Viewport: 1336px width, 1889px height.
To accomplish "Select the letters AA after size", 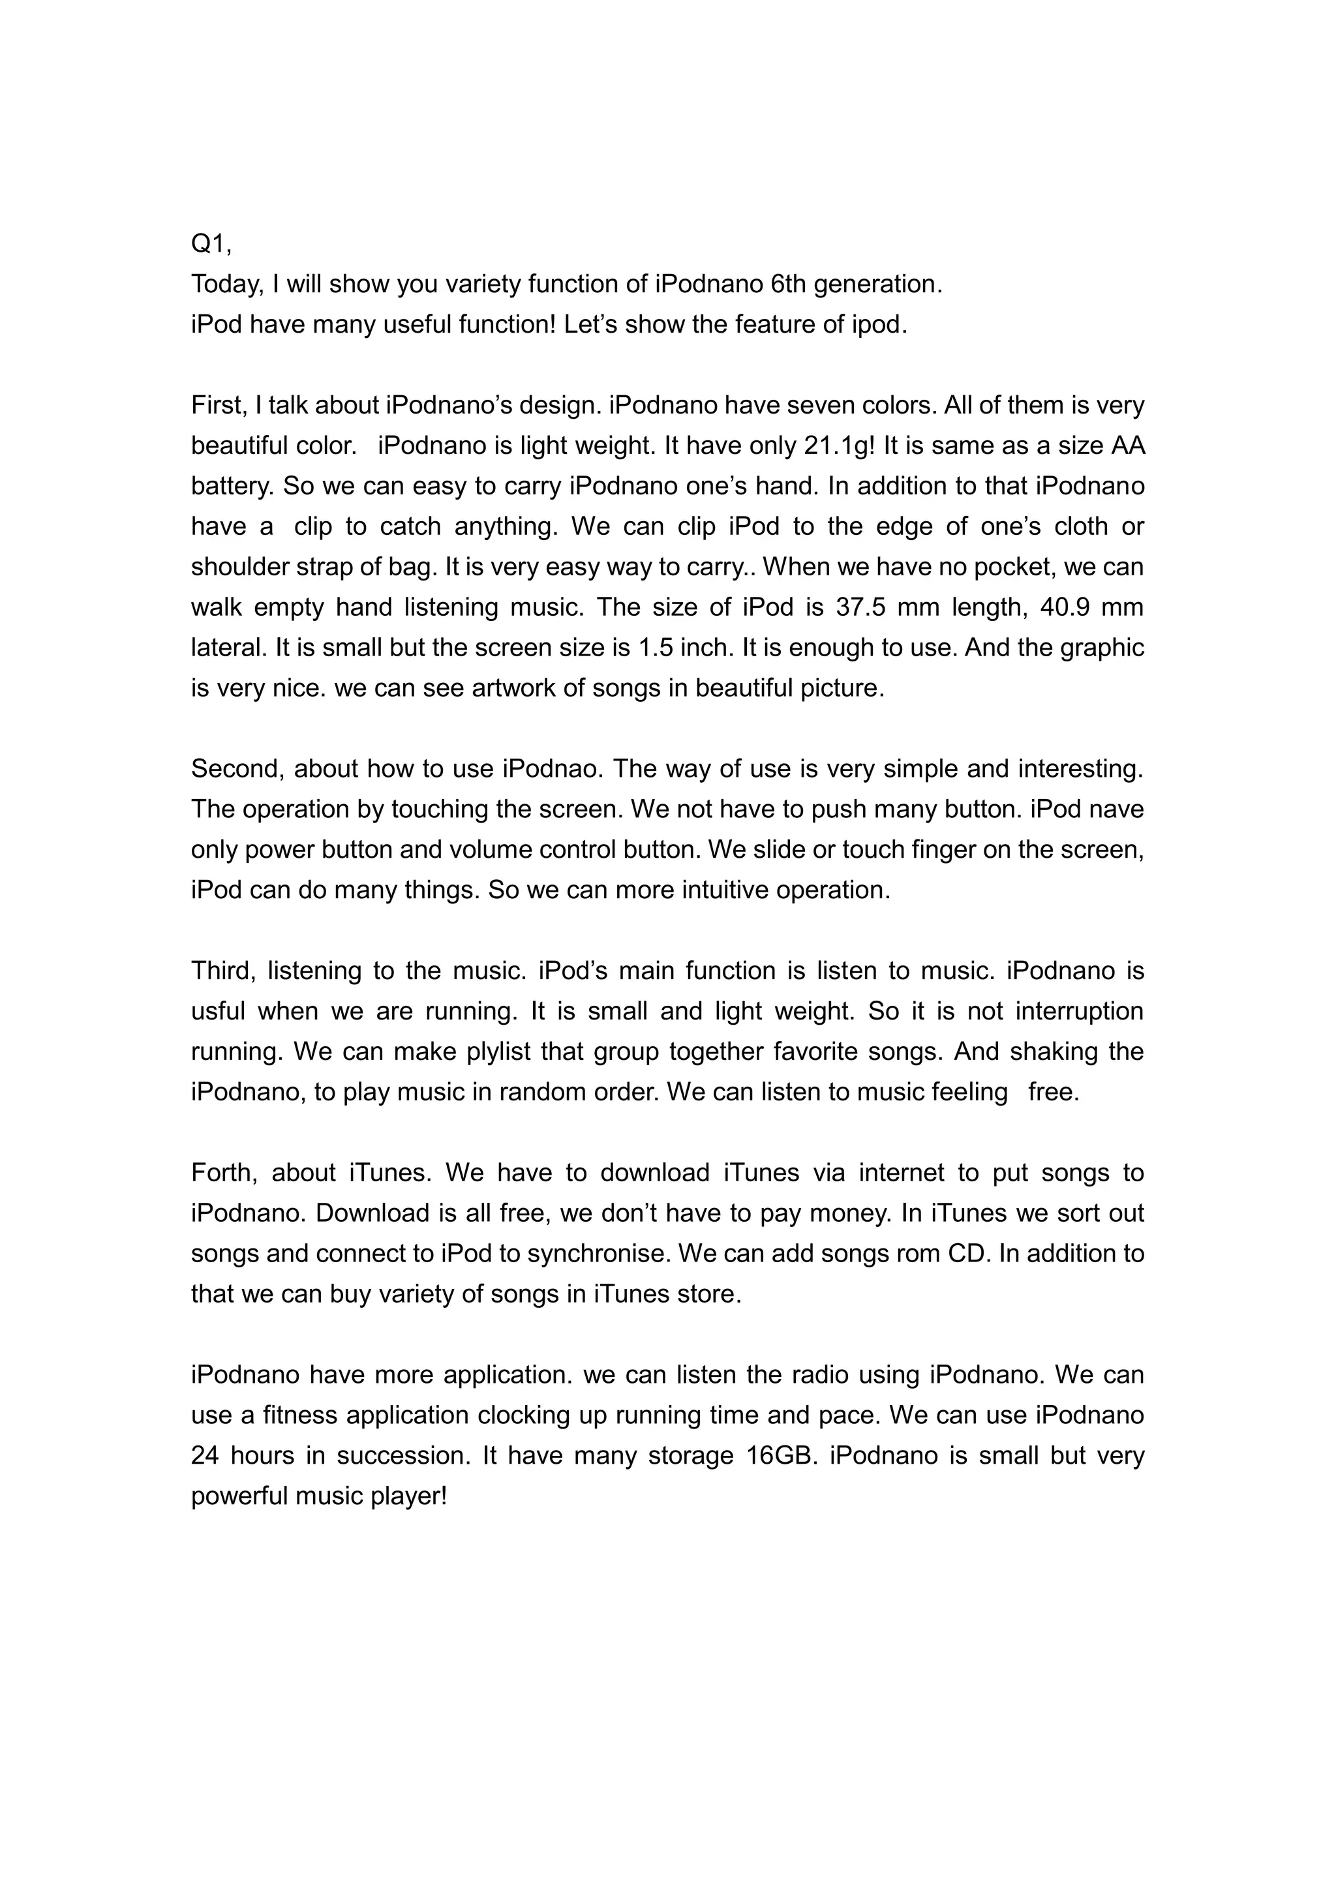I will point(1127,446).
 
